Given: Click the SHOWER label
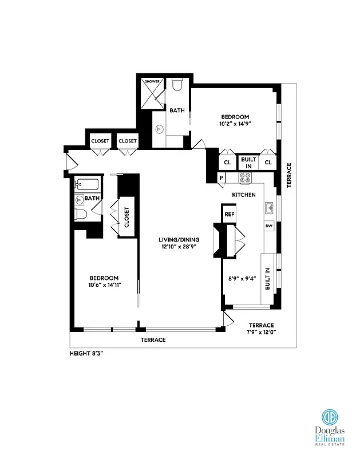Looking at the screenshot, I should pos(152,81).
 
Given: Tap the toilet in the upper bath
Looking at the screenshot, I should pos(177,85).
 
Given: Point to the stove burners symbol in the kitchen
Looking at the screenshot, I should pos(246,178).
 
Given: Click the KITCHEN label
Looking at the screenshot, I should pos(243,195).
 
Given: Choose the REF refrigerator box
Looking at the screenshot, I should pos(230,214).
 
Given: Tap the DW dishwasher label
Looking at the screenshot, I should pos(268,226).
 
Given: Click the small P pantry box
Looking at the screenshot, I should pos(221,178).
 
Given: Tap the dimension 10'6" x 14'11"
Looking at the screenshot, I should pos(104,285).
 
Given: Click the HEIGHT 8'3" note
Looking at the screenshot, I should pos(86,354).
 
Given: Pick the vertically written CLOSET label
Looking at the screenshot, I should pos(126,217).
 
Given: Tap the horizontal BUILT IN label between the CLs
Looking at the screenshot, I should pos(248,163).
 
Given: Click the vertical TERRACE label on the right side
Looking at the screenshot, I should pos(289,175).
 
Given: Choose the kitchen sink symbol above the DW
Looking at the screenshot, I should pos(268,206).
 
